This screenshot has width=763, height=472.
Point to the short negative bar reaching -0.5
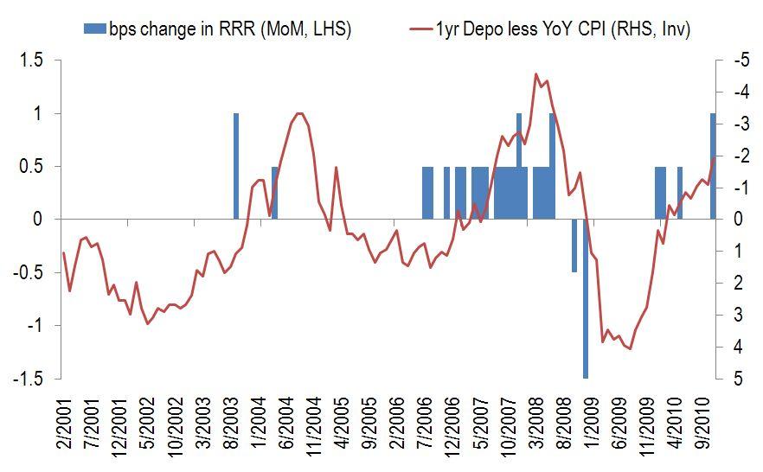574,246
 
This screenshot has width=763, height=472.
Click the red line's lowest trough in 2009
630,348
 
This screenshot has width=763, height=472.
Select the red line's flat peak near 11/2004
299,113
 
